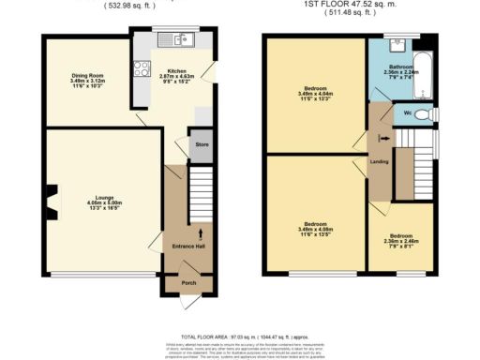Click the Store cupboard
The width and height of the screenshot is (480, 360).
point(200,146)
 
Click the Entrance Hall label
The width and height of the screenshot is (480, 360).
point(188,246)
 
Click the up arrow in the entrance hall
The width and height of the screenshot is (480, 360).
point(202,232)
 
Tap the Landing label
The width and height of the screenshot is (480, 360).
point(380,162)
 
